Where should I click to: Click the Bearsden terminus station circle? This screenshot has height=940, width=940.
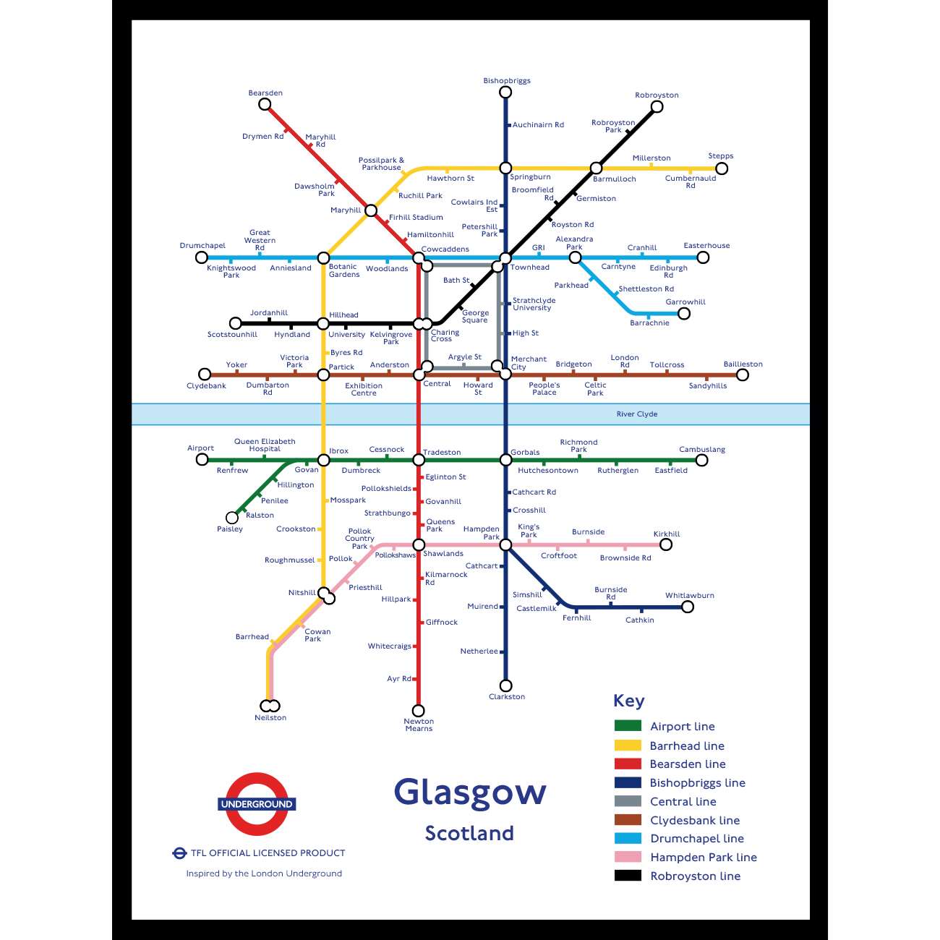[265, 104]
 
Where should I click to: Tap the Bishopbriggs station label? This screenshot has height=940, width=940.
[507, 81]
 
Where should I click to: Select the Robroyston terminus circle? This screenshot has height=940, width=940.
[657, 107]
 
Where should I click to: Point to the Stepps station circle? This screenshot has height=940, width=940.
[721, 168]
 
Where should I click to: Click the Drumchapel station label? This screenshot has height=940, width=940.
[202, 246]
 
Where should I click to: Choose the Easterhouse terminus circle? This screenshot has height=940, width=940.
[703, 257]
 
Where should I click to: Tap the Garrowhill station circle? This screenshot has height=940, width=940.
[684, 313]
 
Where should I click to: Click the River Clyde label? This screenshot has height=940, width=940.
[637, 414]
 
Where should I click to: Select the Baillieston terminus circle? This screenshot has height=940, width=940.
[743, 375]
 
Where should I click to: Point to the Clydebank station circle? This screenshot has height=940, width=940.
[205, 375]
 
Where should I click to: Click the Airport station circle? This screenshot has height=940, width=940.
[202, 460]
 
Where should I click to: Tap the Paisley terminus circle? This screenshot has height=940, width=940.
[232, 518]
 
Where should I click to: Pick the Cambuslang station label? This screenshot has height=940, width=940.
[702, 450]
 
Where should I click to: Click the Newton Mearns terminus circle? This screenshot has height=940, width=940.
[418, 711]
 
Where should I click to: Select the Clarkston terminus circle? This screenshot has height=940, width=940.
[506, 685]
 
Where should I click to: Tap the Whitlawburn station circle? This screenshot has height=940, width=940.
[688, 607]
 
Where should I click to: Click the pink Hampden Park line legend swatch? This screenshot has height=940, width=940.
[628, 857]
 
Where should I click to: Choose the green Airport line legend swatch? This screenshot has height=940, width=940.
[628, 726]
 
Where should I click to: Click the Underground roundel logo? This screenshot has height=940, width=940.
[257, 804]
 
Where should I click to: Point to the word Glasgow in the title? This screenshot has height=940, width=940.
[470, 792]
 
